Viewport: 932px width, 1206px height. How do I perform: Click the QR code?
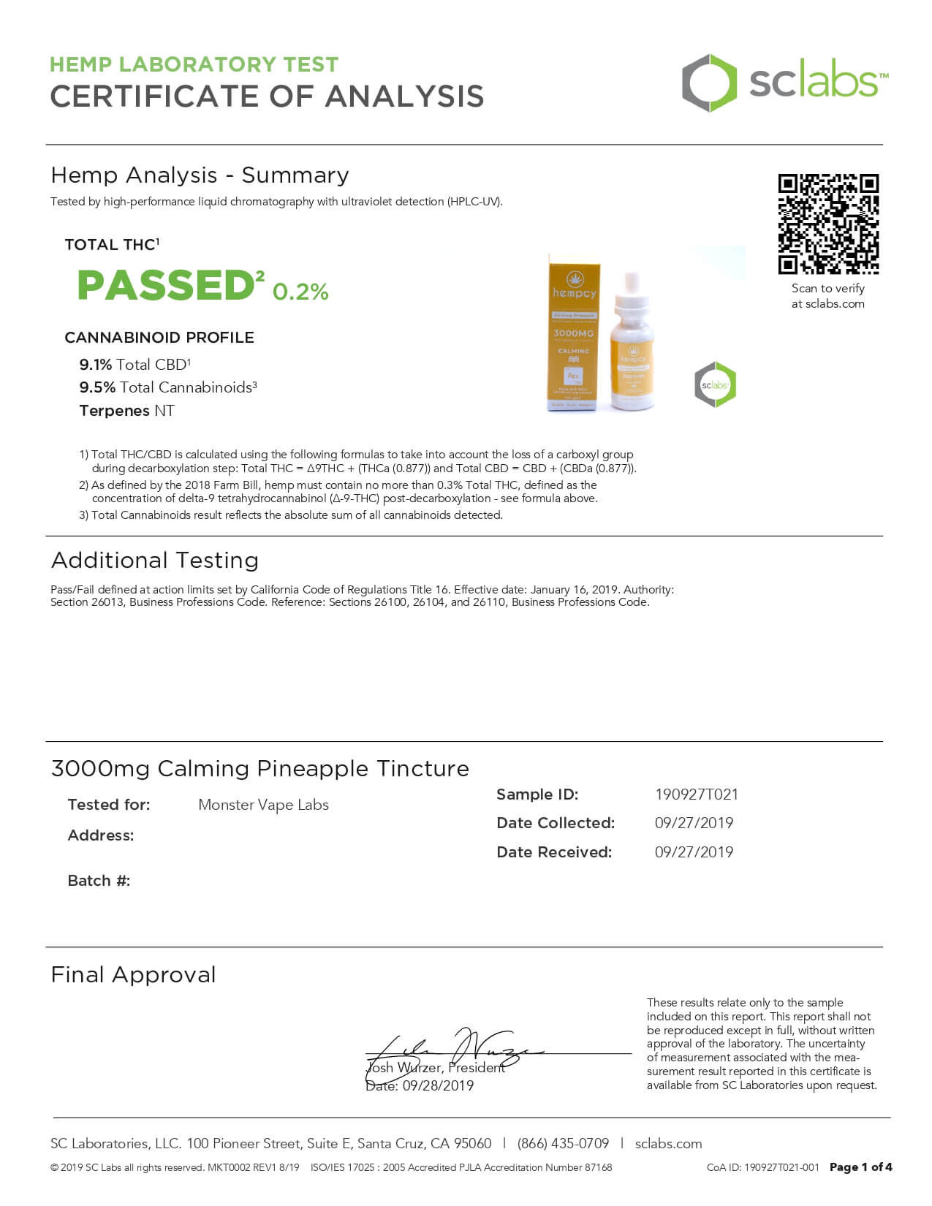[827, 224]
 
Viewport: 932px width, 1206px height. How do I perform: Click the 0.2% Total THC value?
[300, 292]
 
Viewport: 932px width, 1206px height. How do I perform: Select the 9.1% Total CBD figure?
[96, 365]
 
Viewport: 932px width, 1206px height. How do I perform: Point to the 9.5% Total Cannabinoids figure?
[97, 387]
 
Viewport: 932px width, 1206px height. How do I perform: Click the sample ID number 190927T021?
[696, 794]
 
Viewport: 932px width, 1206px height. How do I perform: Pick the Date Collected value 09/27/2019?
[694, 823]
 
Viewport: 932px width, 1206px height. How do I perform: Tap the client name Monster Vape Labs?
[263, 805]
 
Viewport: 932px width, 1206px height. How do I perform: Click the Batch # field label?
[99, 881]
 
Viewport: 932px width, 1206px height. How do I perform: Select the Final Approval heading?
[133, 975]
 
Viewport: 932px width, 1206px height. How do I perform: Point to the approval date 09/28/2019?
[438, 1086]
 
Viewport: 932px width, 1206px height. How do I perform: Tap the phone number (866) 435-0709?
[563, 1144]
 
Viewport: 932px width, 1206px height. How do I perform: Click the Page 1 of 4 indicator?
[860, 1167]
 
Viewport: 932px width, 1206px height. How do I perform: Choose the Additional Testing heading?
[155, 561]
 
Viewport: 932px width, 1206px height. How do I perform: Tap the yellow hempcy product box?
[573, 333]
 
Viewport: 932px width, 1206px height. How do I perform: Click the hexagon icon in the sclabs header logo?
[708, 83]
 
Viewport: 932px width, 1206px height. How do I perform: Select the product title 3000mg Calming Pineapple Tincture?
[259, 769]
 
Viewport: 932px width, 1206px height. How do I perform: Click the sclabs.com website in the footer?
[668, 1144]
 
